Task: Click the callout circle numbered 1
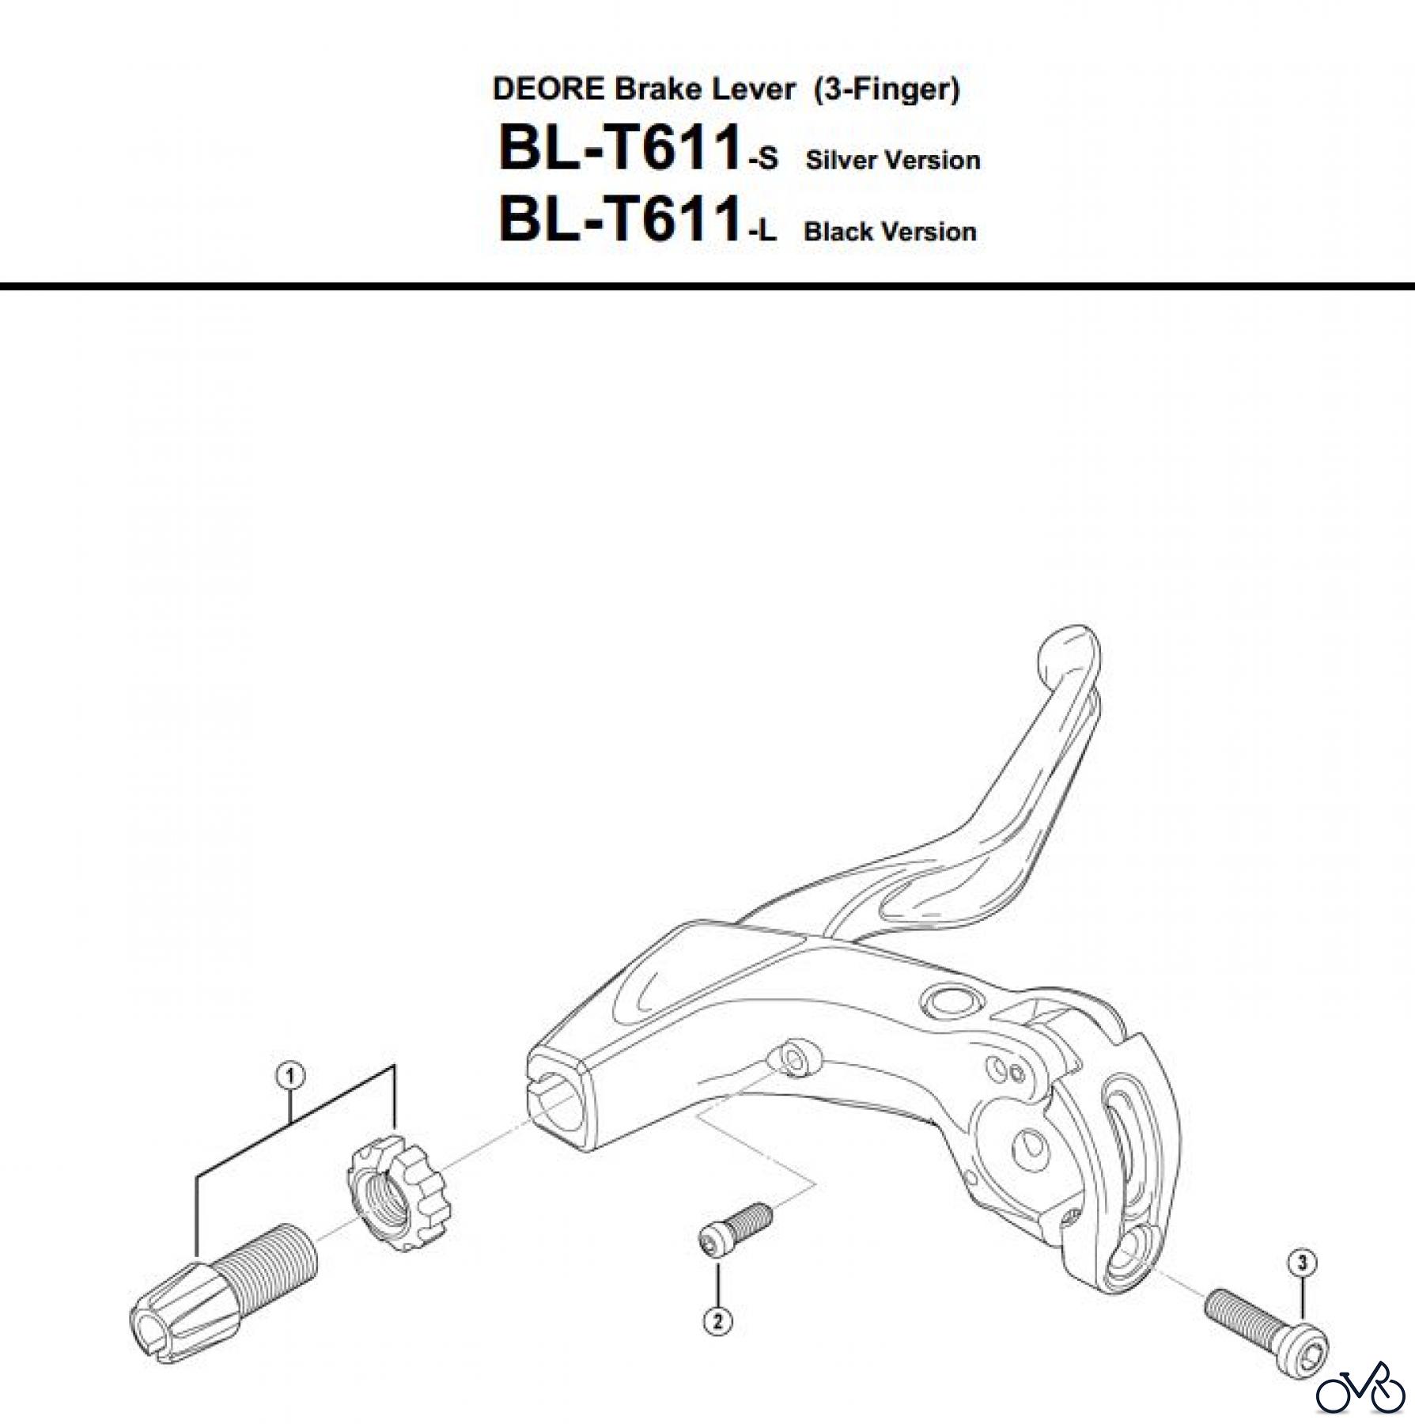point(290,1076)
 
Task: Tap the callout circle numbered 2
point(717,1321)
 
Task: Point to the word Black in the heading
point(838,232)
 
